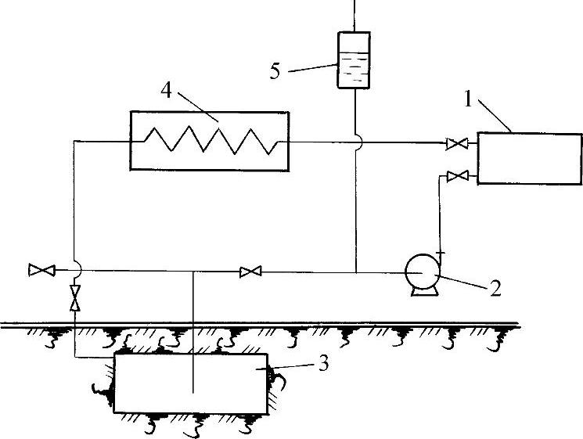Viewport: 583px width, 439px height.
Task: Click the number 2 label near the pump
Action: click(x=495, y=288)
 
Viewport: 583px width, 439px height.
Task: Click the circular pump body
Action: click(x=422, y=272)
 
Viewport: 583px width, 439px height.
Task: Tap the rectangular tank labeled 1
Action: click(x=529, y=157)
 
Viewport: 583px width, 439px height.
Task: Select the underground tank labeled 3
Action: click(x=193, y=382)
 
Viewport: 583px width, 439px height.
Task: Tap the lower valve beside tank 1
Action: click(x=456, y=176)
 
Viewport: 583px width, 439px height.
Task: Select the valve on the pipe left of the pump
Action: click(x=250, y=272)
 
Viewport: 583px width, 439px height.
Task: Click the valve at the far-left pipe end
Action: click(x=37, y=271)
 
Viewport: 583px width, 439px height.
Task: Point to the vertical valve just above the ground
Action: click(x=75, y=298)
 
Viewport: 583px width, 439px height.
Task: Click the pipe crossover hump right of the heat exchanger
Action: click(x=355, y=142)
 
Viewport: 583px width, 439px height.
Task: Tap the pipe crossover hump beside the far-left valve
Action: click(x=75, y=270)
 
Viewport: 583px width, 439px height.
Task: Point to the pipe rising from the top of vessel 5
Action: click(x=354, y=14)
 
